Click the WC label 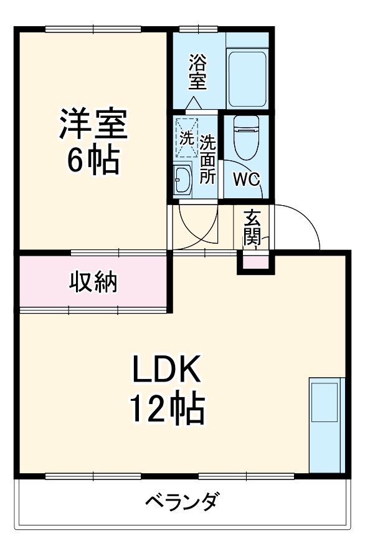(x=246, y=179)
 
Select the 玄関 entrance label (x=252, y=228)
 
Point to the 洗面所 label (x=207, y=159)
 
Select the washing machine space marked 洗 (x=186, y=138)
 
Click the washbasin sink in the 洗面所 (x=183, y=180)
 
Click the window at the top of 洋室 (x=93, y=29)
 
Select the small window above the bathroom (x=198, y=29)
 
